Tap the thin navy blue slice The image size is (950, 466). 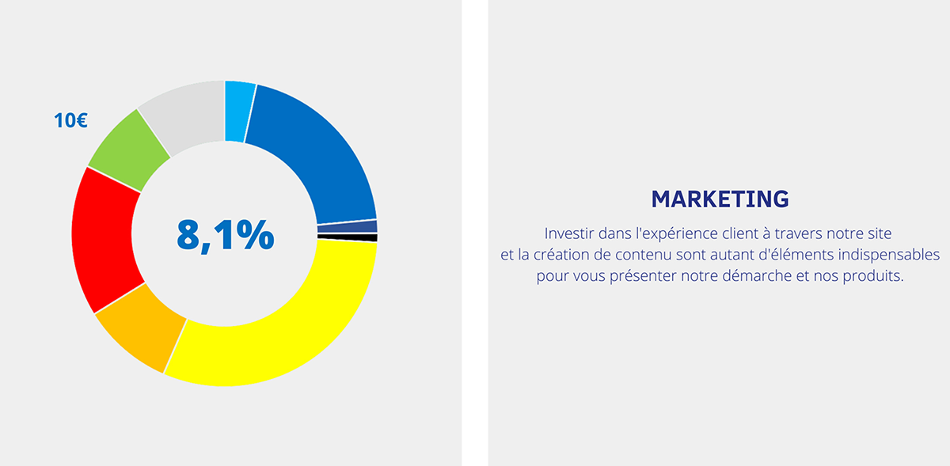click(x=348, y=226)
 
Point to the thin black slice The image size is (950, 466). click(x=348, y=237)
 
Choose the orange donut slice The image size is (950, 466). click(x=140, y=331)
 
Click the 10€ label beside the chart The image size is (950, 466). click(x=70, y=120)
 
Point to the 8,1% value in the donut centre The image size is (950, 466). click(x=225, y=235)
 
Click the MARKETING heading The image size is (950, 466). click(x=720, y=199)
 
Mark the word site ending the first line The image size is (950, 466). click(x=880, y=233)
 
